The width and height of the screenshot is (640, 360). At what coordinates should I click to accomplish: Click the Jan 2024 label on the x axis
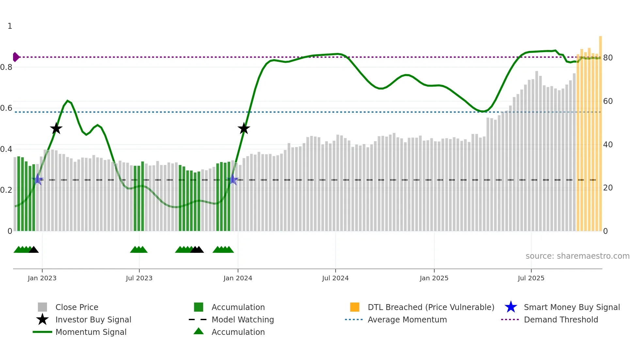tap(238, 278)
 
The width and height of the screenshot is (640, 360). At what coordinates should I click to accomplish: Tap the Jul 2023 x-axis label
tap(139, 278)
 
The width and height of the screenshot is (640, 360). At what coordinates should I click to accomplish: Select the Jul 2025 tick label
tap(531, 278)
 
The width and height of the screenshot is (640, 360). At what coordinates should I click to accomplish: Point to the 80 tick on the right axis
tap(608, 58)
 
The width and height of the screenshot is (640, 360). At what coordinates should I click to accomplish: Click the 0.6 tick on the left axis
tap(6, 108)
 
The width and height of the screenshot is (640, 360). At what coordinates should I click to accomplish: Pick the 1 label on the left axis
tap(10, 26)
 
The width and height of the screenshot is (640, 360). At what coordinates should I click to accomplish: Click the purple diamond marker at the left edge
tap(16, 57)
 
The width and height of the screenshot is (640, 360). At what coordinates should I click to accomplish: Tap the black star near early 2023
tap(56, 129)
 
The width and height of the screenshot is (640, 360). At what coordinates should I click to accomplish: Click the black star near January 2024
tap(244, 129)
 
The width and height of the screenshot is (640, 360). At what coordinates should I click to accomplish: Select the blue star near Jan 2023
tap(38, 179)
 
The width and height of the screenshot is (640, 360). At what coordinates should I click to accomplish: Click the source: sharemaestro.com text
tap(577, 256)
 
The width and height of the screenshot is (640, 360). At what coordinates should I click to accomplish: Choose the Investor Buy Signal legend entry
tap(93, 319)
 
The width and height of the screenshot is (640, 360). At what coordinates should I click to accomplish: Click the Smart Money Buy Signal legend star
tap(511, 307)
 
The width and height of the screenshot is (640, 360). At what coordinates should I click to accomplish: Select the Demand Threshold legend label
tap(561, 319)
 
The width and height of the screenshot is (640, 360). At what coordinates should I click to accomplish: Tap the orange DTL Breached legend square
tap(355, 307)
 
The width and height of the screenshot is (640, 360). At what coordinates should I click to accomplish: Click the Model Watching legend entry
tap(242, 319)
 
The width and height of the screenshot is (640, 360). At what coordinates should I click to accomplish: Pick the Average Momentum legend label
tap(407, 319)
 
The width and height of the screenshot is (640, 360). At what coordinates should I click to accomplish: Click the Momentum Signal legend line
tap(42, 332)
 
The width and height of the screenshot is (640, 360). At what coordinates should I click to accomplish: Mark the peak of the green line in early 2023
tap(68, 101)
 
